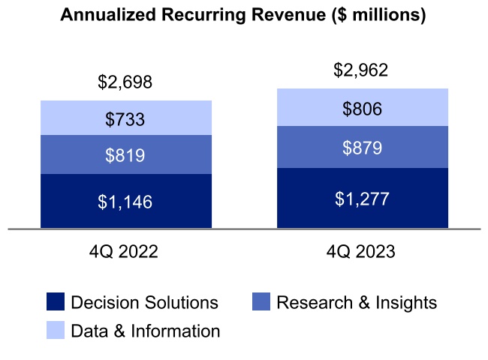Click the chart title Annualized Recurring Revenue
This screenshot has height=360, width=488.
point(243,16)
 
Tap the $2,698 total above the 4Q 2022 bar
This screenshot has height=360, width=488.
point(125,82)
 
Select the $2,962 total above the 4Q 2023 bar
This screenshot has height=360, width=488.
point(362,70)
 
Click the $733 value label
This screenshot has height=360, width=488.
point(125,118)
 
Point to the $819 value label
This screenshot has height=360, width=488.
point(125,155)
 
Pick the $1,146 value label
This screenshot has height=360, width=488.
point(125,201)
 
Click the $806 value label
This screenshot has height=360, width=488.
point(362,109)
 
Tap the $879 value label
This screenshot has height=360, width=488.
point(362,148)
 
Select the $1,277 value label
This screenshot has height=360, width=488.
point(362,199)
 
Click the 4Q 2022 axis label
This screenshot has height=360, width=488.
point(124,252)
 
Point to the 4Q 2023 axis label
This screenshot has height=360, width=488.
point(361,252)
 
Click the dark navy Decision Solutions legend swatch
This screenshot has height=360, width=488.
point(56,302)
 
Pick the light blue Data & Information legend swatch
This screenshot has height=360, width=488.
point(56,330)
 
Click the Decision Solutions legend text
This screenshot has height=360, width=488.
point(144,303)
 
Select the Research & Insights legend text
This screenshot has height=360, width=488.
point(357,303)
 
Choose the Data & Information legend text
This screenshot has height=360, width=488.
point(145,331)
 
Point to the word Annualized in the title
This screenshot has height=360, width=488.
point(104,16)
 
